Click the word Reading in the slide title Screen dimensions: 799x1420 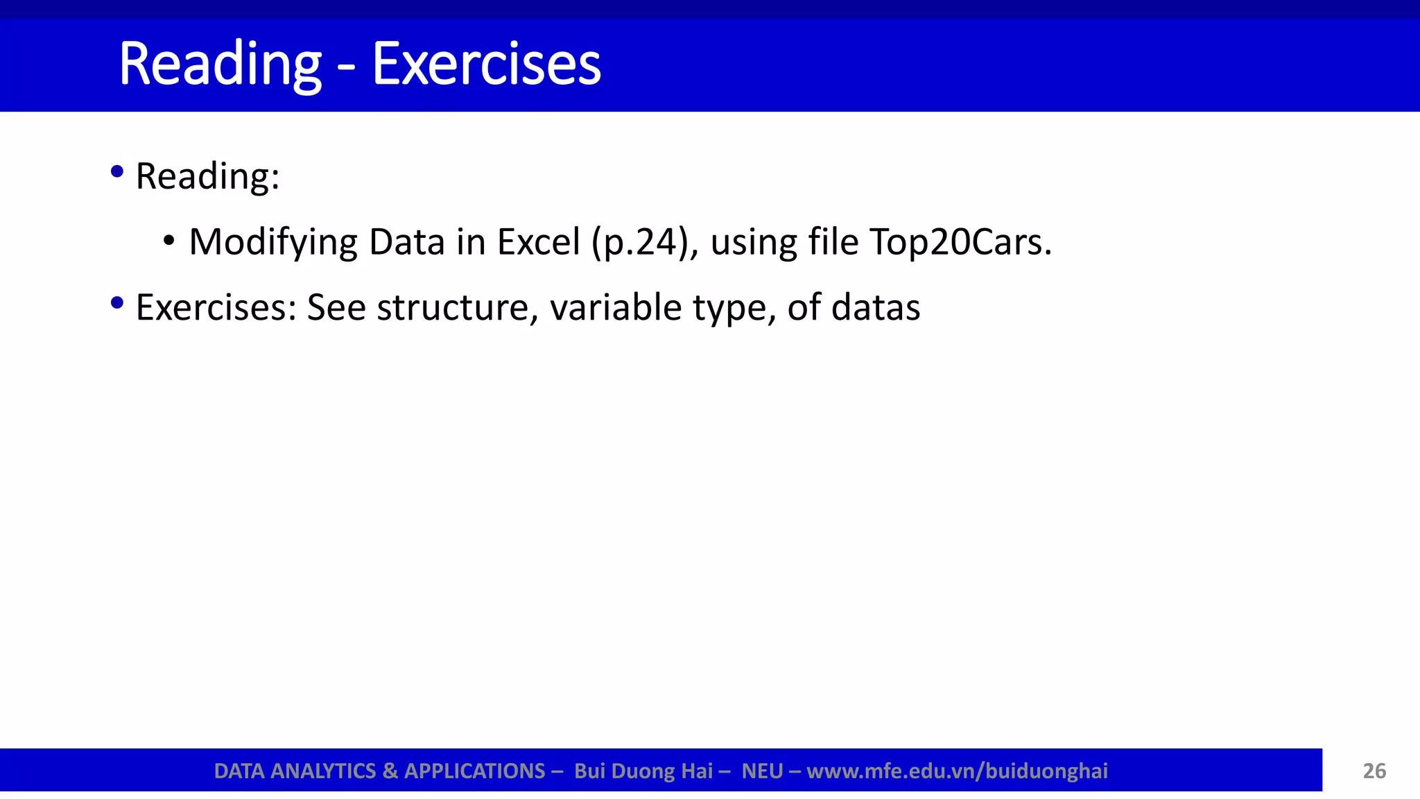(220, 65)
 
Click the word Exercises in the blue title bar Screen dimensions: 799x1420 (487, 65)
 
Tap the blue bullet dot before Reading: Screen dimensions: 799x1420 (117, 171)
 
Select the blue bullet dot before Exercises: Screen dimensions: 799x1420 (117, 302)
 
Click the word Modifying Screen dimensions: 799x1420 (272, 243)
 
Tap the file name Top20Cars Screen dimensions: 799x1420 (960, 243)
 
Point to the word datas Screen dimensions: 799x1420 (876, 307)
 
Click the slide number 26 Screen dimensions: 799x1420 (1374, 771)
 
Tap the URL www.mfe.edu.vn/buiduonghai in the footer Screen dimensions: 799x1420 (957, 771)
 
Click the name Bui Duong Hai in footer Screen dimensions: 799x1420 (643, 771)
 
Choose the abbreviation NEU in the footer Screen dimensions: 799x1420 (762, 771)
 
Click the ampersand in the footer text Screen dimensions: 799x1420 (389, 771)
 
